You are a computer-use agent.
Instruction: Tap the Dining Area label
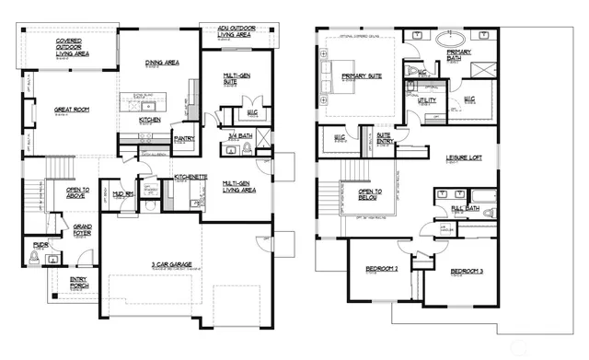[x=162, y=63]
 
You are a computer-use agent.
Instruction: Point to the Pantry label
[x=184, y=138]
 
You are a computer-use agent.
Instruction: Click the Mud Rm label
[x=122, y=194]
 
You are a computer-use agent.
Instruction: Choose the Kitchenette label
[x=189, y=177]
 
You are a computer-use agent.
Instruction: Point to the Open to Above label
[x=85, y=192]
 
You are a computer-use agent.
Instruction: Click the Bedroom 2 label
[x=381, y=269]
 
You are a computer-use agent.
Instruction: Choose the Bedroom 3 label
[x=467, y=273]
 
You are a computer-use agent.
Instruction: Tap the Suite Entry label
[x=386, y=136]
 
